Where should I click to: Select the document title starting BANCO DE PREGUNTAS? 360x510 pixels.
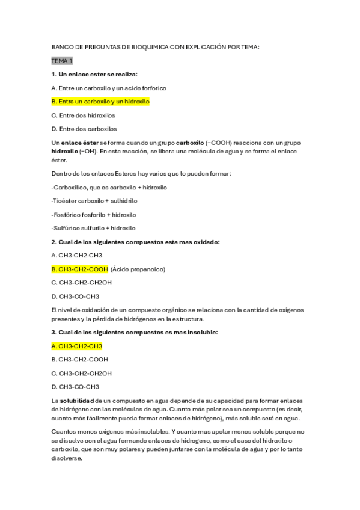pyautogui.click(x=156, y=47)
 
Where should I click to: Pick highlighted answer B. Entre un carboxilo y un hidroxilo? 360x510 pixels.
pyautogui.click(x=100, y=102)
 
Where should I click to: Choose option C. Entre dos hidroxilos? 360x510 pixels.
pyautogui.click(x=84, y=115)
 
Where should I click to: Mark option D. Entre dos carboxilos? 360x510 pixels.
pyautogui.click(x=84, y=129)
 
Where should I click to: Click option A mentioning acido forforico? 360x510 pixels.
pyautogui.click(x=109, y=88)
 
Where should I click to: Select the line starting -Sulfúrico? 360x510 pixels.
pyautogui.click(x=94, y=228)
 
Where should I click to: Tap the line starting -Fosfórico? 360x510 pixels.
pyautogui.click(x=94, y=215)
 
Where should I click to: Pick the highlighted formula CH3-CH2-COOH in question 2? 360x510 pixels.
pyautogui.click(x=78, y=269)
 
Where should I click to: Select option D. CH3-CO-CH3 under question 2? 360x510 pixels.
pyautogui.click(x=76, y=296)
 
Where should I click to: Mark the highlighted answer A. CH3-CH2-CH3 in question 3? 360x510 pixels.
pyautogui.click(x=77, y=346)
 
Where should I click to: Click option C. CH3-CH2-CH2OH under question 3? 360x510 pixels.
pyautogui.click(x=81, y=373)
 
